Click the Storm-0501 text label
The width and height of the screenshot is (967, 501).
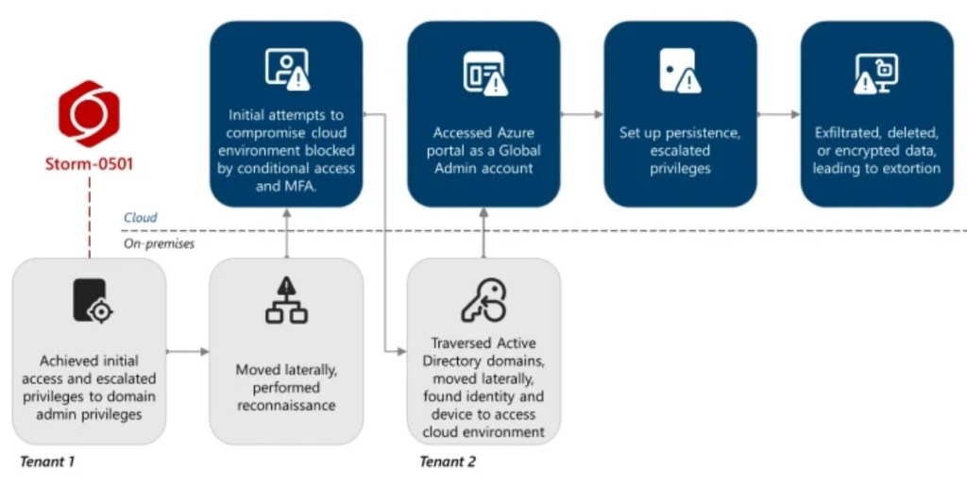click(x=90, y=164)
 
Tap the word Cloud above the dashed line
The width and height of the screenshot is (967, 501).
click(x=141, y=218)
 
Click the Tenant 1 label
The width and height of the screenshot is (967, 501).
click(x=46, y=462)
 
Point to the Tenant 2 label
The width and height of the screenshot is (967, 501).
click(x=448, y=462)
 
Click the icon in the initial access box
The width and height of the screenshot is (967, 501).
click(x=91, y=301)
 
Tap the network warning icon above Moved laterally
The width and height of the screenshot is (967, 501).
click(x=286, y=301)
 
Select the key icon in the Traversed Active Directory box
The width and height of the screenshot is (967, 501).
click(x=483, y=301)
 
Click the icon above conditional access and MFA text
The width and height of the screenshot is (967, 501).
click(x=286, y=69)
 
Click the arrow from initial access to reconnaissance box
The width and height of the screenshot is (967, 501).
click(x=188, y=352)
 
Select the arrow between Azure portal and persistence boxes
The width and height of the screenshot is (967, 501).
click(x=582, y=114)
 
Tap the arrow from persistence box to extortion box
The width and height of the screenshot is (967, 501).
click(x=778, y=114)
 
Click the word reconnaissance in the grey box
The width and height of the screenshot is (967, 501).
click(x=286, y=405)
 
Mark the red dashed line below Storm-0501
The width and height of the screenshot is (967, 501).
click(x=90, y=217)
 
